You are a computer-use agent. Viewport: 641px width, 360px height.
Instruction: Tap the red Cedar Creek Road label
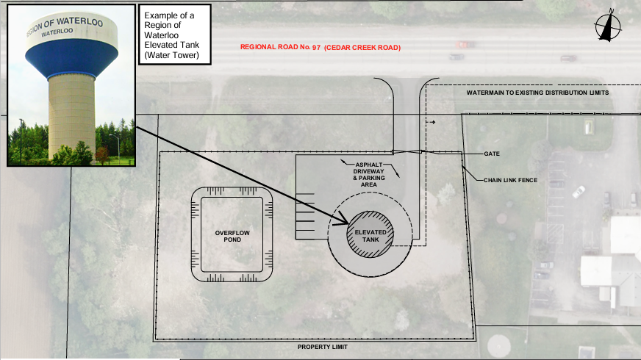pos(320,48)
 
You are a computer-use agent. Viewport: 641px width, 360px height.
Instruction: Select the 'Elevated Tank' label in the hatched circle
pos(370,236)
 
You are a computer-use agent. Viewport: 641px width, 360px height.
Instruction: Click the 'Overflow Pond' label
pos(232,236)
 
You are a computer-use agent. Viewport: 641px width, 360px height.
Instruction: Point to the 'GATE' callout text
pos(492,154)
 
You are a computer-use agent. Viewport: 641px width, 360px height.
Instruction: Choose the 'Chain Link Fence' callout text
pos(511,180)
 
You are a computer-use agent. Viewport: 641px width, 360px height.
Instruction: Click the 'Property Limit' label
pos(323,347)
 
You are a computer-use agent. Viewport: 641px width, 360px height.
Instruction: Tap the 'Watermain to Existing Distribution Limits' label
pos(537,93)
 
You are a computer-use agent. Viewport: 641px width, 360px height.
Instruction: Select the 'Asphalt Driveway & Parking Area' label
pos(369,174)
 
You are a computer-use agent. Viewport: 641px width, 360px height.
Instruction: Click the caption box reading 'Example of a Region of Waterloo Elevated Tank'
pos(175,35)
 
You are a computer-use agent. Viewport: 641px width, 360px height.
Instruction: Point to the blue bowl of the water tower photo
pos(71,57)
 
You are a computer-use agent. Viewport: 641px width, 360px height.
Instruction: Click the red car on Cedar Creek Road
pos(465,45)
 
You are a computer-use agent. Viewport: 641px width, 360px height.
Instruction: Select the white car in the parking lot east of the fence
pos(579,192)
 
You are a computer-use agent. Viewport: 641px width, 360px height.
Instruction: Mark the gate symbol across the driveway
pos(407,152)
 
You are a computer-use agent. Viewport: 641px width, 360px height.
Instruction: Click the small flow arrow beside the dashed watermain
pos(431,122)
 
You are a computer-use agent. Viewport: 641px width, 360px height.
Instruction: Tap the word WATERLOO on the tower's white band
pos(57,32)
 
